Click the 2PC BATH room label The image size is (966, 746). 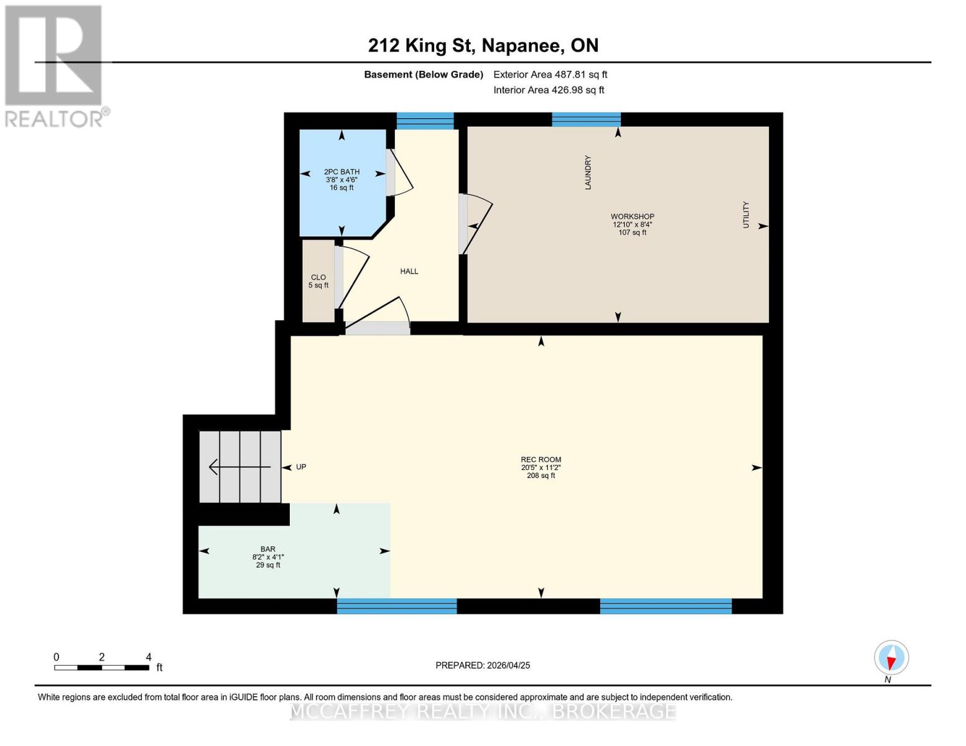[x=341, y=172]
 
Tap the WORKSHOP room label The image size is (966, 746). [x=632, y=217]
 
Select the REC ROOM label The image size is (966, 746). [x=541, y=460]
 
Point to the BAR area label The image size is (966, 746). [x=268, y=550]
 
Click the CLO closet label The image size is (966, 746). [x=318, y=278]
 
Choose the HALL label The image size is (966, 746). [x=409, y=272]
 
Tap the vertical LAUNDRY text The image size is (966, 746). [x=588, y=172]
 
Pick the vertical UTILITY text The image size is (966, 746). [x=746, y=215]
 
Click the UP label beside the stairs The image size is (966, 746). [x=301, y=467]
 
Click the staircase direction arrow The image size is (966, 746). [x=239, y=467]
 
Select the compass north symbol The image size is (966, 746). [x=891, y=658]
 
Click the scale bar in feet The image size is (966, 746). [x=101, y=668]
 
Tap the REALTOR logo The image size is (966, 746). [x=55, y=65]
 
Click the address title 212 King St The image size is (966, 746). [x=483, y=45]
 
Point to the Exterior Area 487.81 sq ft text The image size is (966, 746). [x=550, y=75]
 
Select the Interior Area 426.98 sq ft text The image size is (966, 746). [x=549, y=90]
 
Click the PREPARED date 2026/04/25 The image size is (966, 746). [x=483, y=665]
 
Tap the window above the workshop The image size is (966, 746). [x=586, y=119]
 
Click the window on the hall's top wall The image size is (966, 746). [x=425, y=120]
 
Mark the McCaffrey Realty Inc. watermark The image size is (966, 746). [x=483, y=711]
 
